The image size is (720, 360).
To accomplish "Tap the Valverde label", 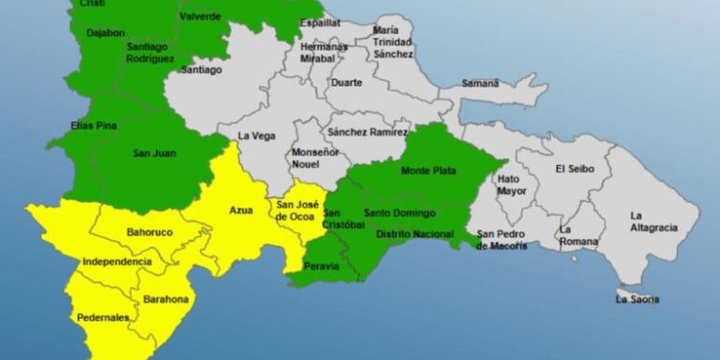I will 200,16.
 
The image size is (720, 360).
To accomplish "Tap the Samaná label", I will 480,84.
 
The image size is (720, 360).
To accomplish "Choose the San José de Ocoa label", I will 296,210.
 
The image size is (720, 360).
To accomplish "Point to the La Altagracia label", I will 653,221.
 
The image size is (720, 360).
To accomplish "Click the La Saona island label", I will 637,300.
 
